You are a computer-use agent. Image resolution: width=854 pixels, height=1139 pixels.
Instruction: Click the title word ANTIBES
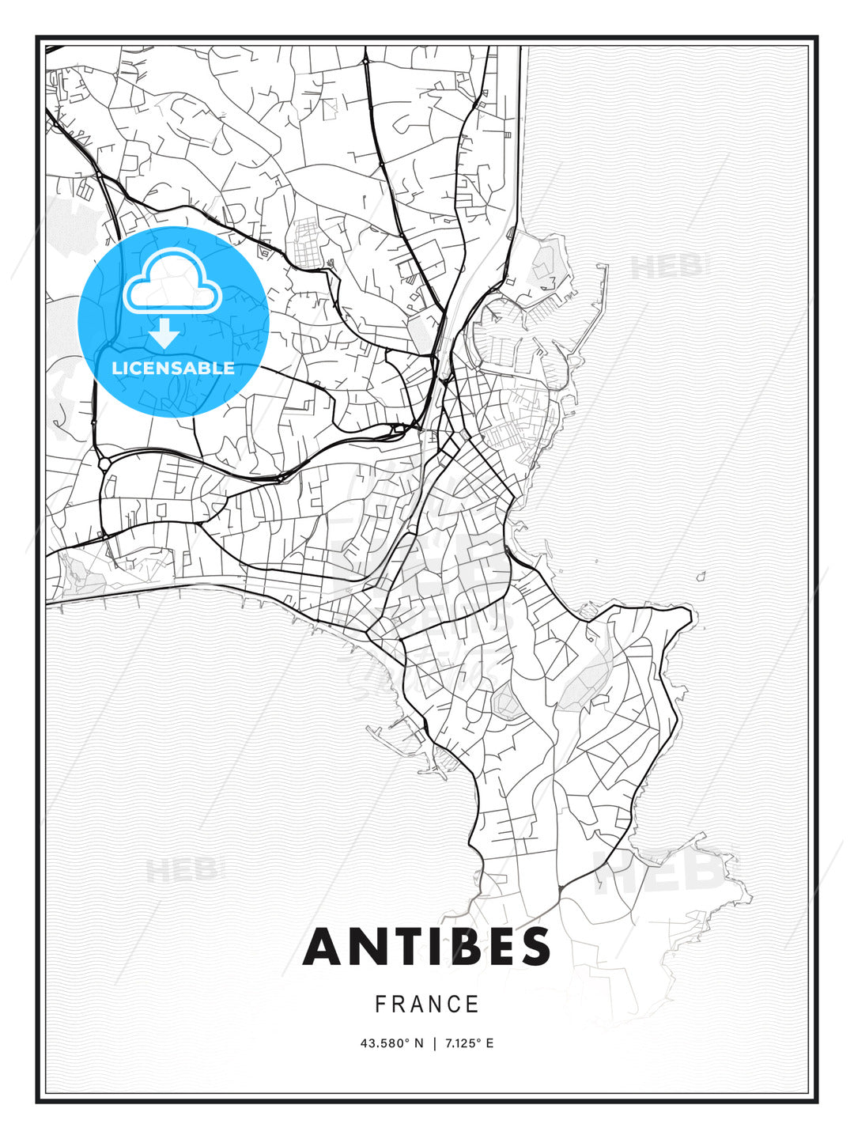426,947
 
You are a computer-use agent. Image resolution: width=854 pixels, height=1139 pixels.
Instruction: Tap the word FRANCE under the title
427,1005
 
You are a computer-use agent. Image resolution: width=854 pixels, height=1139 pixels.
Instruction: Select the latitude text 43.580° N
391,1043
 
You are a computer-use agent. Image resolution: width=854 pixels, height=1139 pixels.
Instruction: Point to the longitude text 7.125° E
469,1043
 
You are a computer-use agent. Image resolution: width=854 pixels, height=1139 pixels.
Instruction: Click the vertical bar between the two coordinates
433,1043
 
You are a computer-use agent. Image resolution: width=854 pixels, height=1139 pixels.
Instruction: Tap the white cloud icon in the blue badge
172,283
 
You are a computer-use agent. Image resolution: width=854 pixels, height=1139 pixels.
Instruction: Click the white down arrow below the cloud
164,333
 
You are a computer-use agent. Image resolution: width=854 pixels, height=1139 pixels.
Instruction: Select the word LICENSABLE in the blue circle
173,368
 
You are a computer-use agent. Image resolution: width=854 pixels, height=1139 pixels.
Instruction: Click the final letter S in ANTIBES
533,947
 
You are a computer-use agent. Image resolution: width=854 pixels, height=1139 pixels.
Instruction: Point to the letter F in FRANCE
380,1005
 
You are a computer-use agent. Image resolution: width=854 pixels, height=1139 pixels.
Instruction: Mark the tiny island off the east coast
700,577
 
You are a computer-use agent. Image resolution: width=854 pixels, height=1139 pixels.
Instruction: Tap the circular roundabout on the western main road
104,464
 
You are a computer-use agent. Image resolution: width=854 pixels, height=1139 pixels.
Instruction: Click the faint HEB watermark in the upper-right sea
669,267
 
